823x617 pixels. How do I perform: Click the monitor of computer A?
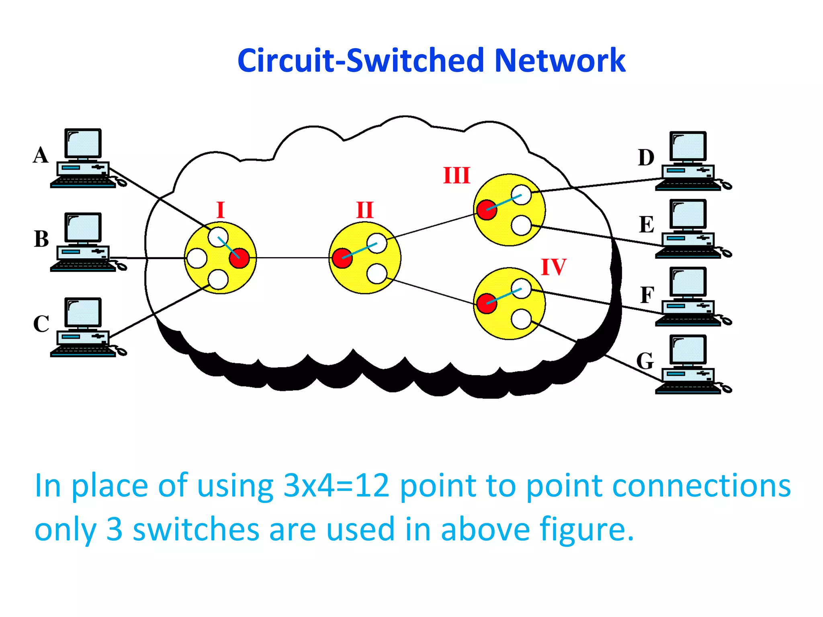[83, 143]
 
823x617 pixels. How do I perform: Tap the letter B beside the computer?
[41, 239]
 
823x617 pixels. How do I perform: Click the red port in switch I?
[239, 258]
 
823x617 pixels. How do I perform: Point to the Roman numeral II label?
[365, 210]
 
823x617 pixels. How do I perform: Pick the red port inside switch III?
[487, 210]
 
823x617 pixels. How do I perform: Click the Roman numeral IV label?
[553, 267]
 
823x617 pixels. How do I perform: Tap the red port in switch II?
[342, 258]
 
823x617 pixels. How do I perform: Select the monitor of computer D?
[688, 146]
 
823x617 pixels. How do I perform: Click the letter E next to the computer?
[647, 225]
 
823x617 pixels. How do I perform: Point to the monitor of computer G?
[688, 349]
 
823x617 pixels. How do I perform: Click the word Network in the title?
[559, 61]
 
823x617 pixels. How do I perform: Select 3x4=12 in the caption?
[336, 486]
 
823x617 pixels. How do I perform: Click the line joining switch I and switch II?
[293, 258]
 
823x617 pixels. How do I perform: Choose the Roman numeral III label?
[457, 176]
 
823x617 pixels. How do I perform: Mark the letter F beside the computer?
[647, 295]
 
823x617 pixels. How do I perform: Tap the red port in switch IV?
[487, 303]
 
